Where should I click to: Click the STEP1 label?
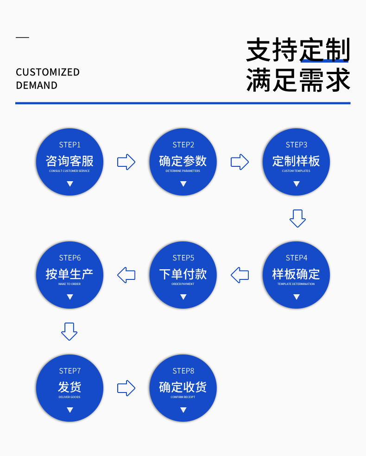click(x=69, y=145)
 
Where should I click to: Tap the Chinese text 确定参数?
click(x=183, y=161)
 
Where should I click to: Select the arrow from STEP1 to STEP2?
click(x=126, y=162)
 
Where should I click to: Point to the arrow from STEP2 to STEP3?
click(x=240, y=162)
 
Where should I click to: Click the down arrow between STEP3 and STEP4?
click(x=297, y=218)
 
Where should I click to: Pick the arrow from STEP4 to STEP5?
click(x=240, y=275)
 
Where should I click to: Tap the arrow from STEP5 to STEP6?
click(x=126, y=275)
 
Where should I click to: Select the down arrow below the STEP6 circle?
click(x=69, y=331)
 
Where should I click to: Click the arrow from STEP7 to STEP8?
click(x=126, y=388)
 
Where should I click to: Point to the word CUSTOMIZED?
click(x=48, y=72)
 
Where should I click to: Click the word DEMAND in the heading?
click(x=37, y=86)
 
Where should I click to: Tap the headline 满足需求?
click(x=298, y=80)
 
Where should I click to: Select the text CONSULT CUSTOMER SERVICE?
click(x=69, y=171)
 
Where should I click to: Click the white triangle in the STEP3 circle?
click(x=297, y=184)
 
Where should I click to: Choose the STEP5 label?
click(x=183, y=258)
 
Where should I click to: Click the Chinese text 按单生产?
click(x=69, y=274)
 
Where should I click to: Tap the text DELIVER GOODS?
click(x=69, y=397)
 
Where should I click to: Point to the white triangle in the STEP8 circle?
click(x=183, y=410)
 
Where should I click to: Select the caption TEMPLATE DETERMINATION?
click(x=296, y=284)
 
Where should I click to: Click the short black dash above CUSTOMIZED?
click(x=22, y=37)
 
